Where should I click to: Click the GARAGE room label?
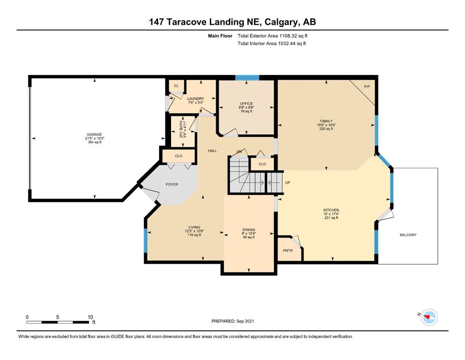pos(94,135)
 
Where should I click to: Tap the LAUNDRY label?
pos(196,98)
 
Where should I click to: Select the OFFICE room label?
pos(246,104)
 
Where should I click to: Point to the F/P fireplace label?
pos(367,87)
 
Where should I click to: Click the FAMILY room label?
pos(326,121)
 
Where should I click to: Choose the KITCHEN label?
pos(331,210)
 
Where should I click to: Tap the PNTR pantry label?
pos(288,250)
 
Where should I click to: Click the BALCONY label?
pos(408,235)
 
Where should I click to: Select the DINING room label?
pos(249,230)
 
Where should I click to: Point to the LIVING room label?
pos(194,227)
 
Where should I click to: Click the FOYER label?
pos(172,184)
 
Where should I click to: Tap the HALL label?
pos(212,151)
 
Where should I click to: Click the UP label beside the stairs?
pos(288,182)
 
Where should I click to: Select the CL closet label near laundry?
pos(177,86)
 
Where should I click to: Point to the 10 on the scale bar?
pos(90,317)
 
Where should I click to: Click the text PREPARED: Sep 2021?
pos(232,321)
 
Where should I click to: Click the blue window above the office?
pos(247,78)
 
